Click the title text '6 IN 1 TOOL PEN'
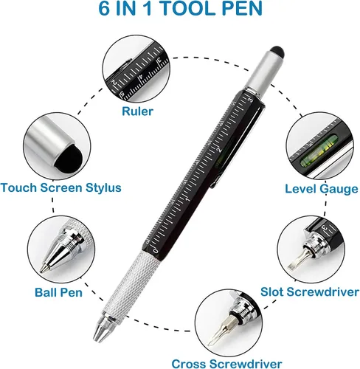pos(180,9)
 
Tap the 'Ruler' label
pos(137,111)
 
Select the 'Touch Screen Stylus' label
pos(60,187)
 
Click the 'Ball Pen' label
pos(58,292)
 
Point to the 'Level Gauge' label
pos(322,189)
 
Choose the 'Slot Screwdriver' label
pos(310,292)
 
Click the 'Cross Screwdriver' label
pos(226,364)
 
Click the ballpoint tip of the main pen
pos(95,339)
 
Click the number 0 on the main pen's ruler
pos(156,251)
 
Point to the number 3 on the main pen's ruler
pos(250,100)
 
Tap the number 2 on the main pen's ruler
pos(219,149)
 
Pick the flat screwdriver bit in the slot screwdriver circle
pos(298,261)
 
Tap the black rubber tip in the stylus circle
pos(69,159)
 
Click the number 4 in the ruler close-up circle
pos(141,77)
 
